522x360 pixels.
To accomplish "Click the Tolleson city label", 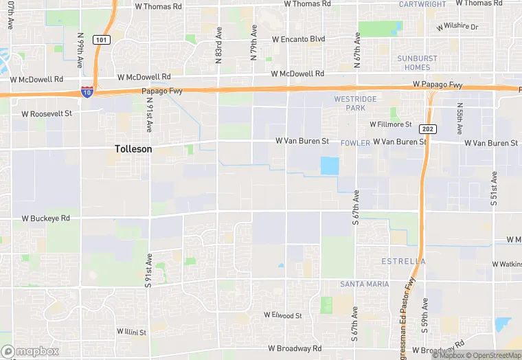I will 133,148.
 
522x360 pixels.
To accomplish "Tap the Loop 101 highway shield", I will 101,40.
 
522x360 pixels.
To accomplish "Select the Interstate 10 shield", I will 87,92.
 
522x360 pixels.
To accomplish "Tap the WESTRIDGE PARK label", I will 354,104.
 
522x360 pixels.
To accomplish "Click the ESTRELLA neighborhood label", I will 402,262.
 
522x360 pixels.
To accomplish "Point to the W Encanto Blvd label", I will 298,39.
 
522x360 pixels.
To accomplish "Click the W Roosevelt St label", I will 47,113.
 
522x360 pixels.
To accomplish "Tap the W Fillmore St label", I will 390,124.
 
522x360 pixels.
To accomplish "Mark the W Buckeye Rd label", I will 46,218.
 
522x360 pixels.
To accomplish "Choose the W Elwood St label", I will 283,315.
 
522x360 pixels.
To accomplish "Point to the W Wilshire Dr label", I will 457,27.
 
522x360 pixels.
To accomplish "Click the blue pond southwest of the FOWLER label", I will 330,166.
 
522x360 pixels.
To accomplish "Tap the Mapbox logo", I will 30,351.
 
